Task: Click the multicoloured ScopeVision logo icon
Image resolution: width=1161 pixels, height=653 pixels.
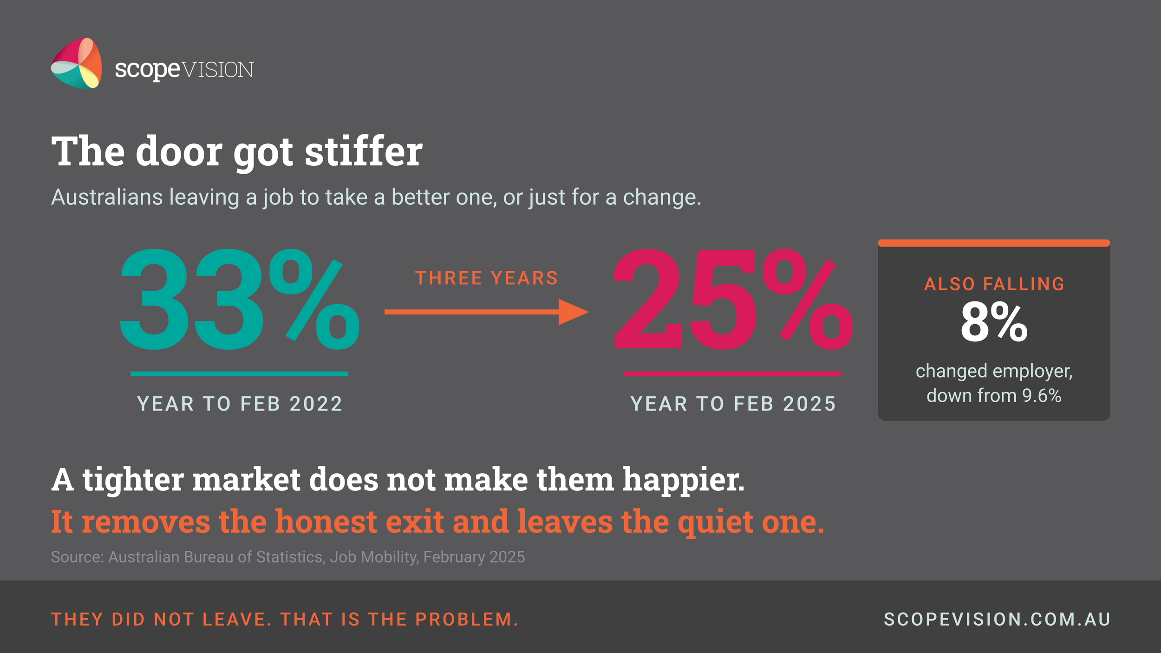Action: [77, 63]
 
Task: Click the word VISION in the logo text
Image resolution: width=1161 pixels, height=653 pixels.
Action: [218, 70]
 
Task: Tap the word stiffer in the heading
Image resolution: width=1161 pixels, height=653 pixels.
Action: [364, 152]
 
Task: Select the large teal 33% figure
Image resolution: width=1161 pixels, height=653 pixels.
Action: [240, 299]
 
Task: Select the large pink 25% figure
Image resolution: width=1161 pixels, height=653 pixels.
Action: [733, 299]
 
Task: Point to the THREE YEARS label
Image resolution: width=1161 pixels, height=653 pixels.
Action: [487, 278]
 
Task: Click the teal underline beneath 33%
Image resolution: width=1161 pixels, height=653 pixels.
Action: [239, 373]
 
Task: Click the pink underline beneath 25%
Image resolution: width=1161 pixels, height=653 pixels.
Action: [733, 373]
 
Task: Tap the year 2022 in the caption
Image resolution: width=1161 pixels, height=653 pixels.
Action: [316, 404]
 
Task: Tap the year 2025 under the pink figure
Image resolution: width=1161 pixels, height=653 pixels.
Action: [810, 404]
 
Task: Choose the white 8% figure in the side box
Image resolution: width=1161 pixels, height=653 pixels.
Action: [994, 322]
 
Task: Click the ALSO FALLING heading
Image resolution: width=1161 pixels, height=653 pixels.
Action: [994, 284]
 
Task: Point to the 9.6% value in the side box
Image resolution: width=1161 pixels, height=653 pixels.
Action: [1042, 396]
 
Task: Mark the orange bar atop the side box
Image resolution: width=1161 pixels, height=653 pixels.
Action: [994, 243]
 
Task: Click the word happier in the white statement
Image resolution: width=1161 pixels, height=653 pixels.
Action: [683, 480]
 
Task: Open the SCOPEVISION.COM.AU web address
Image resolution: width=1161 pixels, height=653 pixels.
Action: [997, 620]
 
